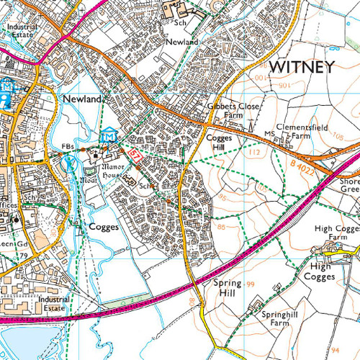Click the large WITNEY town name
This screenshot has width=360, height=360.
coord(302,68)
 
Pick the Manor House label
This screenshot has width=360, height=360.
coord(101,168)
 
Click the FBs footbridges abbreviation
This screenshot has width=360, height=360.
coord(68,147)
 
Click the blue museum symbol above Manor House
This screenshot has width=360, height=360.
coord(108,135)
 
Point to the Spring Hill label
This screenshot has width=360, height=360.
coord(228,288)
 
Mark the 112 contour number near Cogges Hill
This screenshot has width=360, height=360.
coord(251,153)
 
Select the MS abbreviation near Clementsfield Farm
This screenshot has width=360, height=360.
coord(269,134)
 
